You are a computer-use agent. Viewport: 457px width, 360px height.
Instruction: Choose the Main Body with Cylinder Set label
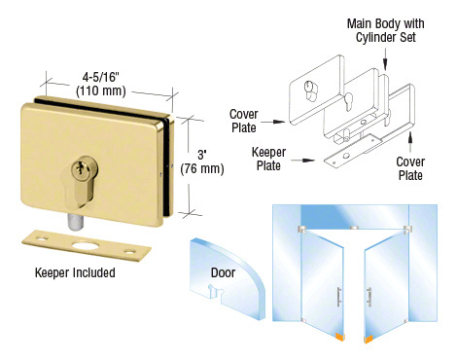[381, 29]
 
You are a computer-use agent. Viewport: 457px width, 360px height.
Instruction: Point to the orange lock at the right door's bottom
[370, 338]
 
